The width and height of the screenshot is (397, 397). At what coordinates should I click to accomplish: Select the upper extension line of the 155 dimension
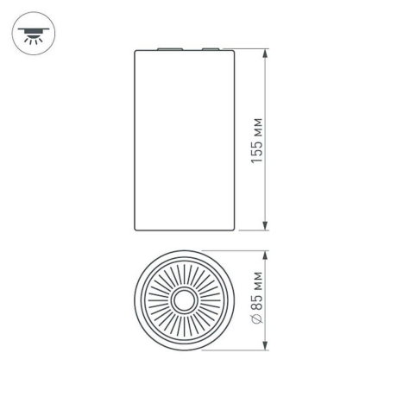pyautogui.click(x=250, y=49)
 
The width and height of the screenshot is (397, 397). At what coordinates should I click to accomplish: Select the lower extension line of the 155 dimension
pyautogui.click(x=250, y=231)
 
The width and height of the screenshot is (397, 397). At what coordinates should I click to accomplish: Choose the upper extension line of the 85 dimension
pyautogui.click(x=233, y=252)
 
